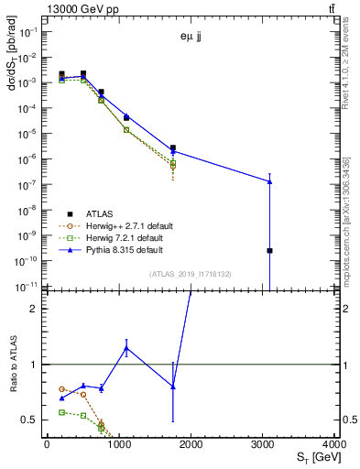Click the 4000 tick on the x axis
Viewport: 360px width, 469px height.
334,444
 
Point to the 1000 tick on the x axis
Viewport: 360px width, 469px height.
118,444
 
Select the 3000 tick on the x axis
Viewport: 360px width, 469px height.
263,444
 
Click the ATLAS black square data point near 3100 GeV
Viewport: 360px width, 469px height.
269,250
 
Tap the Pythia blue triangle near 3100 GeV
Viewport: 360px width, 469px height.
269,181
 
